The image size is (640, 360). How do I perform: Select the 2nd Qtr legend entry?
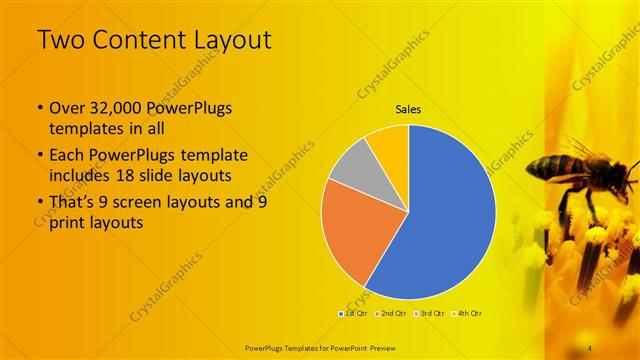click(392, 313)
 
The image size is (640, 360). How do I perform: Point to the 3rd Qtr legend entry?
click(430, 313)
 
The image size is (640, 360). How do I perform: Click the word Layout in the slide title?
click(222, 40)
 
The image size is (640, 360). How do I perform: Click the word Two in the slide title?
click(61, 40)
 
